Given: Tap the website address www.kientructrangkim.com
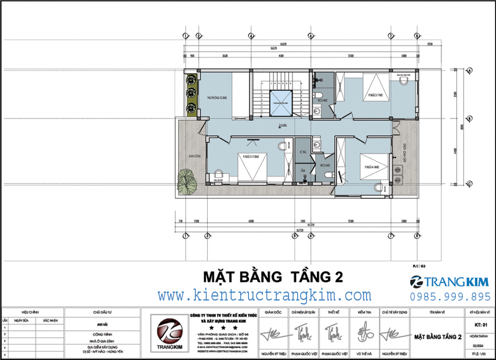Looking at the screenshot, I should pos(264,295).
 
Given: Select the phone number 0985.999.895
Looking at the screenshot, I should pos(450,296).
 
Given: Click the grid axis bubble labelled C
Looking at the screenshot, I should pos(469,183).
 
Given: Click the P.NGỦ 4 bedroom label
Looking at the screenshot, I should pos(372,167).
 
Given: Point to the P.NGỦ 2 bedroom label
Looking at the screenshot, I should pos(374,95).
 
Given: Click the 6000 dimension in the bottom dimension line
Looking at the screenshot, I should pos(251,221).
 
